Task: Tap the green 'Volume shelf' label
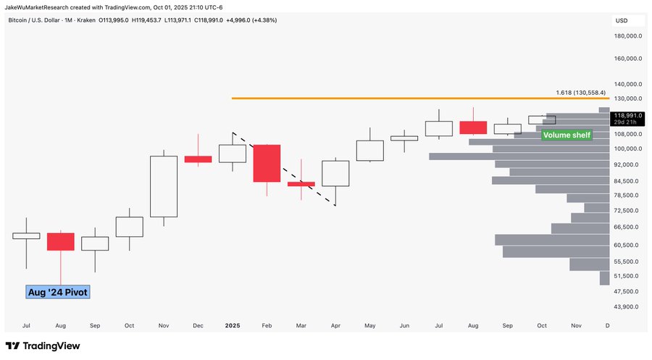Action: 567,135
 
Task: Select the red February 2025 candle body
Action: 267,163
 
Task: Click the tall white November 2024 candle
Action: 163,185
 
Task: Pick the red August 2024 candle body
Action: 60,241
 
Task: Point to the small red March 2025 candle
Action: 301,184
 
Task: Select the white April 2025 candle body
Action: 335,173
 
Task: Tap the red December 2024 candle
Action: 198,159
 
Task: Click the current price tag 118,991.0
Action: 627,115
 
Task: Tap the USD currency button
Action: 621,20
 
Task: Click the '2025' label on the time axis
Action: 232,326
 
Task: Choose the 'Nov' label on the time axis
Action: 576,326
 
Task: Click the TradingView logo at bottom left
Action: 43,346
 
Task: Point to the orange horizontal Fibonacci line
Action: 391,98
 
